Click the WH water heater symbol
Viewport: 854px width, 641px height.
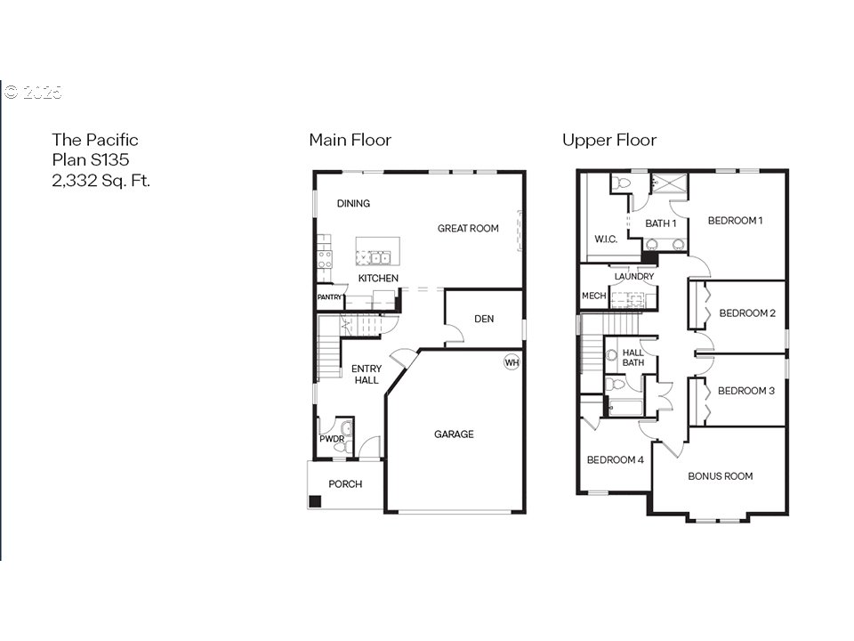[x=512, y=362]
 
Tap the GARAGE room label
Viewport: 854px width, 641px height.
[x=454, y=434]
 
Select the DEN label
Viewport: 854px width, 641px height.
[x=484, y=319]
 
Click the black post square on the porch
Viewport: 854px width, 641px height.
[x=315, y=501]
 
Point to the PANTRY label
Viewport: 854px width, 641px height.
[x=329, y=297]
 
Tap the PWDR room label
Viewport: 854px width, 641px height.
[x=332, y=439]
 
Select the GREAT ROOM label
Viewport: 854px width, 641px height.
[x=468, y=229]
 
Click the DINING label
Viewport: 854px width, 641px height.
[x=353, y=203]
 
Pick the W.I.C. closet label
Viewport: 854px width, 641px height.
[x=606, y=239]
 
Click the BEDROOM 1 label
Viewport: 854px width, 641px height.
[x=735, y=221]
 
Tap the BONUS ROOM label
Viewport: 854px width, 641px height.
[x=720, y=476]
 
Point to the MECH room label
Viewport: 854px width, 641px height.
[x=593, y=296]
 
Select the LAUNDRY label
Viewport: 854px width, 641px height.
[x=634, y=276]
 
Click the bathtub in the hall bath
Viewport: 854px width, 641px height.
[x=625, y=408]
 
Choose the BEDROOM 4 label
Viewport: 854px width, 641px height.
[x=615, y=460]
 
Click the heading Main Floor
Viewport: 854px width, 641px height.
[x=350, y=140]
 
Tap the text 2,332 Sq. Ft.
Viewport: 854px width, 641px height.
[x=101, y=181]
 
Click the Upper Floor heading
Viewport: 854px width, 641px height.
[x=609, y=141]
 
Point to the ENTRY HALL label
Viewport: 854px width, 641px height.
[x=366, y=375]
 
